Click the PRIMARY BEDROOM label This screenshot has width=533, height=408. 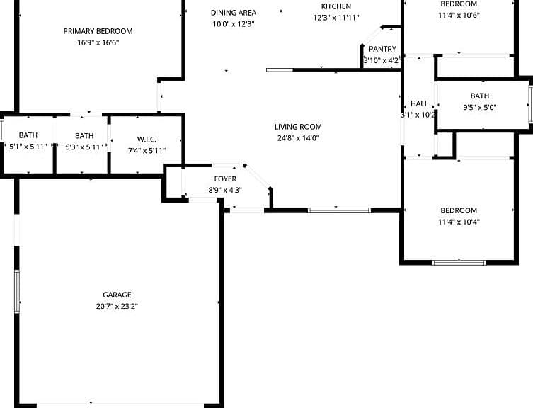[x=98, y=31]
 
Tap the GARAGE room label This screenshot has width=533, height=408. [x=117, y=295]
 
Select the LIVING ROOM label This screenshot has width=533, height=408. [x=298, y=127]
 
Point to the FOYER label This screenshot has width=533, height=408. [x=225, y=178]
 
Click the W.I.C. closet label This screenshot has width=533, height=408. [x=147, y=138]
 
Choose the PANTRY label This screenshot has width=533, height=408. [x=382, y=49]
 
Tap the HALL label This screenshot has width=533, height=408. [x=419, y=103]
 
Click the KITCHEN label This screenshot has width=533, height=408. [x=336, y=6]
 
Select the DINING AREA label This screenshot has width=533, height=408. [x=234, y=13]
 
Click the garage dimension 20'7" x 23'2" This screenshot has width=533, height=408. [x=117, y=306]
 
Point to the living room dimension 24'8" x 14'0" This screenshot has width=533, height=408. [x=298, y=138]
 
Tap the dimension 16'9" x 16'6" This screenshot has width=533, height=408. [x=98, y=42]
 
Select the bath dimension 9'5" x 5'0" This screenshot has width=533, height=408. [x=479, y=108]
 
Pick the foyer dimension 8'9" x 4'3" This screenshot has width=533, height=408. [x=225, y=190]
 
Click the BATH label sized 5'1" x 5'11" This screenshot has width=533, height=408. [x=28, y=135]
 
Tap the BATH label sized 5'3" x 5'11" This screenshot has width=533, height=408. [x=84, y=135]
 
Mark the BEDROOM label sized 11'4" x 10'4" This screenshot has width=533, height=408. [x=459, y=210]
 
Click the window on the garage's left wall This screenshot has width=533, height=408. [x=17, y=290]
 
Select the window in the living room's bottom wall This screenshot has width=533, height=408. [x=338, y=210]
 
